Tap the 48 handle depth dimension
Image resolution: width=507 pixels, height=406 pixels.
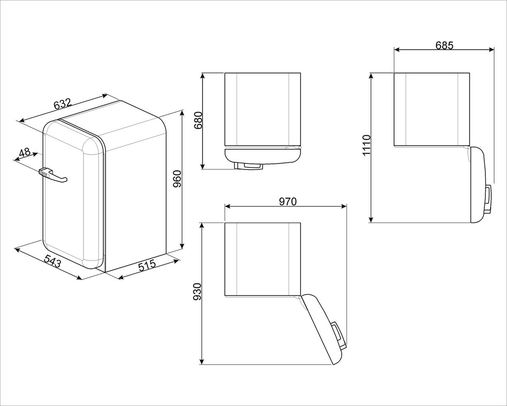point(25,153)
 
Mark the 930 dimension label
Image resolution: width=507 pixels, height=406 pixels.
point(197,292)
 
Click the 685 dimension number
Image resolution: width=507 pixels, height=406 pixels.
point(444,45)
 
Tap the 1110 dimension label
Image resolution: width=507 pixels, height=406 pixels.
point(366,145)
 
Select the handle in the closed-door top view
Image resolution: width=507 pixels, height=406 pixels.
point(249,166)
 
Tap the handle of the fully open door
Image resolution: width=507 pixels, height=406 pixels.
point(488,199)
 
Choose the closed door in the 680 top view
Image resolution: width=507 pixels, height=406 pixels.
point(262,155)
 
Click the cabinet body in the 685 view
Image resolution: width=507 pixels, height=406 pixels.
point(432,110)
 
